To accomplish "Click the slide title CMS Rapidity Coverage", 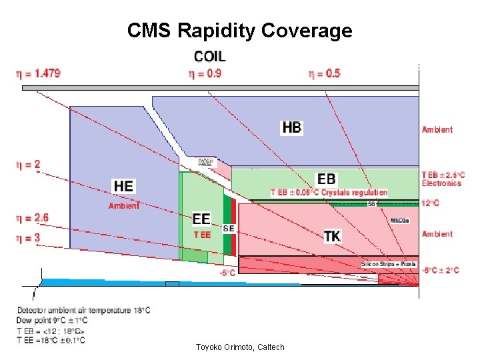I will click(239, 31).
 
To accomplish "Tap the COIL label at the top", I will click(209, 57).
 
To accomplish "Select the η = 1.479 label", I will click(38, 73).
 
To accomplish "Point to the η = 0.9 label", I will click(205, 73).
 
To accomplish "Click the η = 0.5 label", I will click(324, 73).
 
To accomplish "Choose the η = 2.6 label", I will click(32, 217).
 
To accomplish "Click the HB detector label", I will click(292, 127).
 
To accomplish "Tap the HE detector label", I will click(124, 186).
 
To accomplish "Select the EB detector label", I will click(327, 179).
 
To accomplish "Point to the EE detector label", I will click(201, 219).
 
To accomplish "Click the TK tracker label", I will click(332, 236).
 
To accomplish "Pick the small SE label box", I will click(228, 228).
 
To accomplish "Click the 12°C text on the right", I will click(431, 203).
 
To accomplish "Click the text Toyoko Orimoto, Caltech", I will click(240, 347).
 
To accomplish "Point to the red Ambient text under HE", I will click(124, 206).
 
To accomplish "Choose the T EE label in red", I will click(202, 235).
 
